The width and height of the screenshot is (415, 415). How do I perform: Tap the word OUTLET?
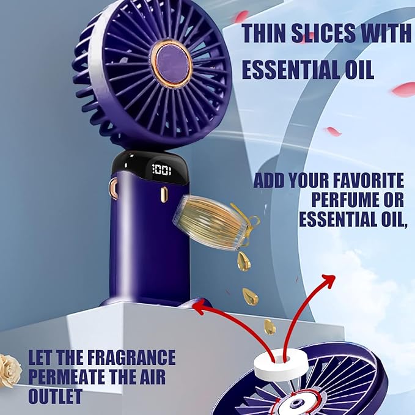(x=55, y=395)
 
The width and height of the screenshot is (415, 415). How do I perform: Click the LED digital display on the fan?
(x=161, y=171)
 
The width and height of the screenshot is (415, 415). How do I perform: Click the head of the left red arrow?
(x=197, y=308)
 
